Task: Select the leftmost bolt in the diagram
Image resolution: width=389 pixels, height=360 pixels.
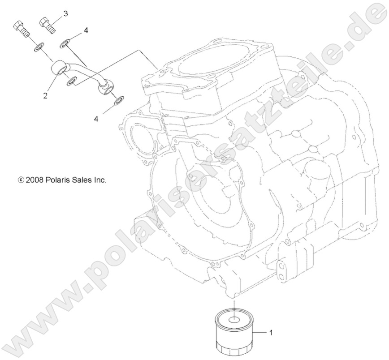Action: (21, 28)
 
